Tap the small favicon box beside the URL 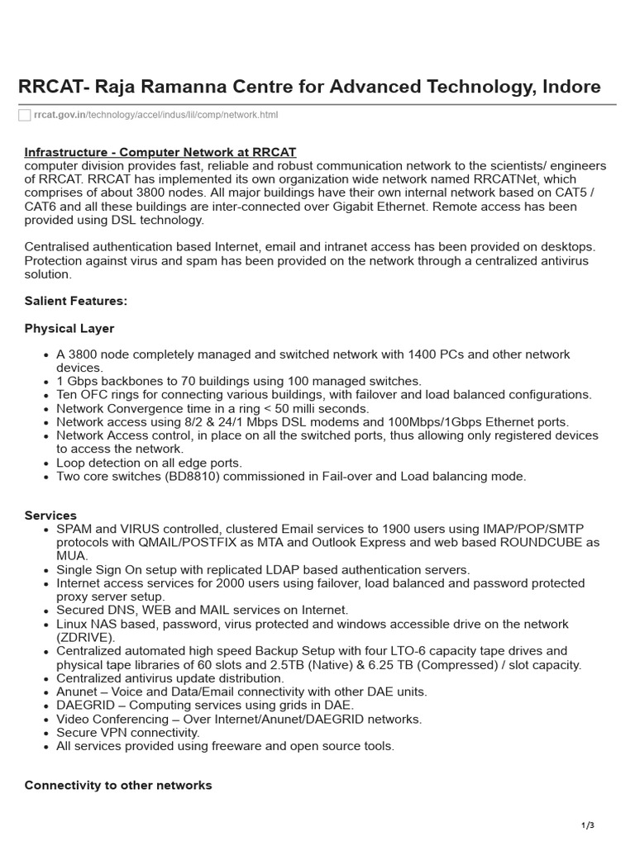24,115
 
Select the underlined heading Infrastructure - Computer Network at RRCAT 160,153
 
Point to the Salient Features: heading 76,301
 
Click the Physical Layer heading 69,329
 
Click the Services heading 50,516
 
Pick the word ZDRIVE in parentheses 84,637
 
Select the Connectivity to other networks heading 118,785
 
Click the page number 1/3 588,825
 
